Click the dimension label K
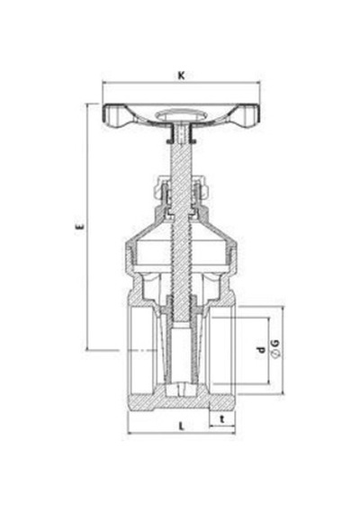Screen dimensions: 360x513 [x=181, y=76]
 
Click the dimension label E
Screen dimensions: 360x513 [x=79, y=227]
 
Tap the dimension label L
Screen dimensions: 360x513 [x=182, y=427]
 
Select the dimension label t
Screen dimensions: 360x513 [x=222, y=419]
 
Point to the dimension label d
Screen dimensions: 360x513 [x=261, y=350]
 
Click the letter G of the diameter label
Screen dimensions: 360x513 [x=275, y=344]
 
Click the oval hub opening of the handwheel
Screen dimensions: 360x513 [x=181, y=115]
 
